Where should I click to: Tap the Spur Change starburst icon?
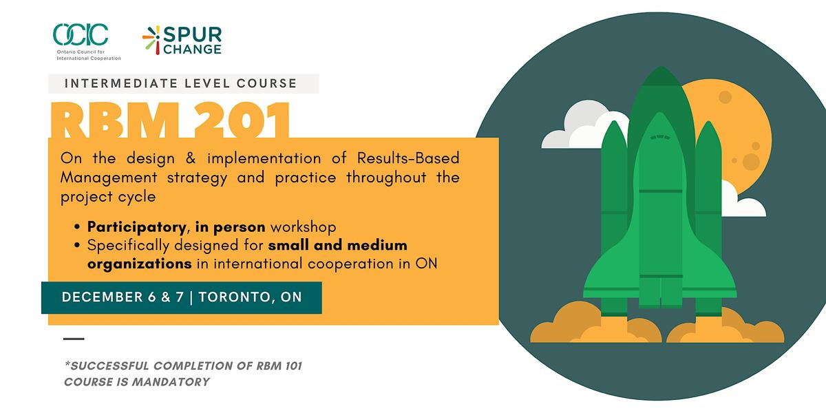(151, 40)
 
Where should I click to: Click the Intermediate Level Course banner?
(183, 83)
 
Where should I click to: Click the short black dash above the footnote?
(74, 339)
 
